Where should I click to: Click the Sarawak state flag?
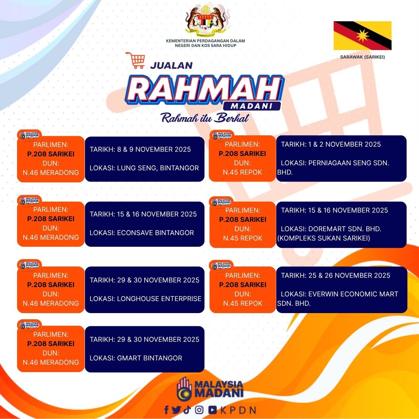click(362, 36)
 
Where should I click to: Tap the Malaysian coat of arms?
click(205, 21)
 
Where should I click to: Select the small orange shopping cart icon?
click(135, 61)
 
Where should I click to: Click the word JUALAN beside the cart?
click(171, 66)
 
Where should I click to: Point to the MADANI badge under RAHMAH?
click(251, 106)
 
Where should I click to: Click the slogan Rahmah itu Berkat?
click(205, 118)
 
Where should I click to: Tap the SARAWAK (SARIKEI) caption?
click(362, 57)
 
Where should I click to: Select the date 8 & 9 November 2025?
click(154, 149)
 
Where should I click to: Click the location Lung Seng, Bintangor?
click(158, 168)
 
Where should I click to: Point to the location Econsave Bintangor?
click(156, 233)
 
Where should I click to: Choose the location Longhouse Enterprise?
click(159, 298)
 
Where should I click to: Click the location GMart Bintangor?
click(150, 358)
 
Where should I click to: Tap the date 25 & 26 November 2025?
click(349, 275)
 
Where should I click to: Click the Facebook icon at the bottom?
click(166, 410)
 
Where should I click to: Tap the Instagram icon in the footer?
click(199, 410)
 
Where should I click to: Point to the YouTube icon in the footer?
click(213, 410)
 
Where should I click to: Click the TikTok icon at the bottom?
click(187, 410)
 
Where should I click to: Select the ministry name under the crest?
click(206, 43)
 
